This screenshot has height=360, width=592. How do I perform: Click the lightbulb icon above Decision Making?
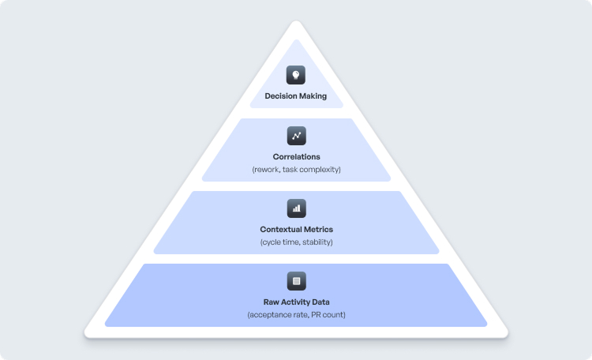point(296,76)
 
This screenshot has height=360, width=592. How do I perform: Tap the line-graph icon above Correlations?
point(296,136)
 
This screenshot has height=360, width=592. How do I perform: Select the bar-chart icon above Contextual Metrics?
point(296,208)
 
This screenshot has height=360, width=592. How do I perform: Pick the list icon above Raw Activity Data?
point(296,280)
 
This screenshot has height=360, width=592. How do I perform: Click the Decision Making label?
point(296,96)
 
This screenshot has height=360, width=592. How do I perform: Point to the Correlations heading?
point(296,157)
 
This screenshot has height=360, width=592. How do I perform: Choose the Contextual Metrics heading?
point(296,229)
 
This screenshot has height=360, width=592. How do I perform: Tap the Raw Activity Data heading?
point(296,302)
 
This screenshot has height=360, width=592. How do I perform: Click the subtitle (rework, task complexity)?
point(296,170)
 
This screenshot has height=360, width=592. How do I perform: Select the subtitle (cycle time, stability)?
point(296,242)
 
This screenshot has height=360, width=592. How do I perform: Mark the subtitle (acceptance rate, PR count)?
point(296,315)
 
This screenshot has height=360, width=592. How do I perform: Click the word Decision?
point(281,96)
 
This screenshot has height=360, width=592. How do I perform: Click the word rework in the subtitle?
point(267,170)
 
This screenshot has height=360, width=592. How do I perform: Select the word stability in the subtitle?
point(316,242)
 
